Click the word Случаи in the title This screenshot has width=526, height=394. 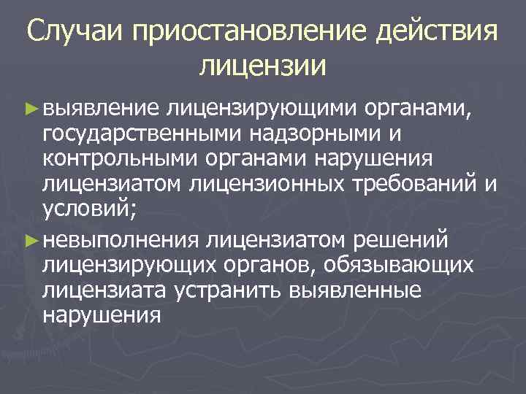[79, 34]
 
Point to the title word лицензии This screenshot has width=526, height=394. [262, 66]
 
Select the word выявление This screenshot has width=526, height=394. [100, 109]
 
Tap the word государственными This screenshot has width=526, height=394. [140, 134]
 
